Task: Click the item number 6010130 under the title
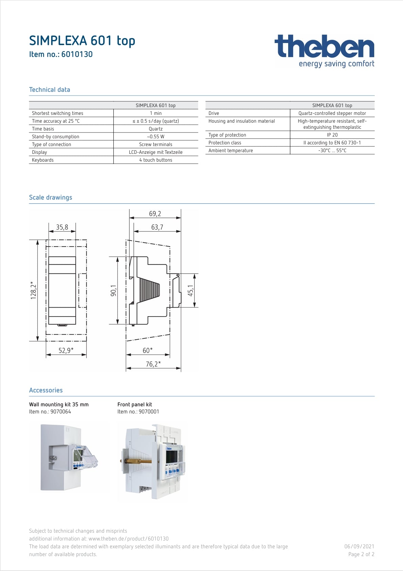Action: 61,54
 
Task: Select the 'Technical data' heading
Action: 49,90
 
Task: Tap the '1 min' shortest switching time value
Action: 155,113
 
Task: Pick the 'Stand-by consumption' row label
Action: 56,137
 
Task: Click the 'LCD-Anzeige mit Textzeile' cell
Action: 155,152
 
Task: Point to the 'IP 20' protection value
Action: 332,135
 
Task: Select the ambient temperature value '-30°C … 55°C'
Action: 332,150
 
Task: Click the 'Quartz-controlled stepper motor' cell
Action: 332,113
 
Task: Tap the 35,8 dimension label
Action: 62,227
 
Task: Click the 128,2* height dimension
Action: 34,290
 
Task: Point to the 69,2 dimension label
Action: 155,213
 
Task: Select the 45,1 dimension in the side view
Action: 191,290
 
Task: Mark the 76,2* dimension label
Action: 153,364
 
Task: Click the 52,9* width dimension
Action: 66,350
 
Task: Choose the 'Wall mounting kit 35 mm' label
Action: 59,404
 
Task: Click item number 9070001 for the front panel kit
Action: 138,412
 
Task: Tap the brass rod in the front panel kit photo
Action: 137,461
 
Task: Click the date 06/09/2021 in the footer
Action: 359,546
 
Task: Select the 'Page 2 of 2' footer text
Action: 361,554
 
